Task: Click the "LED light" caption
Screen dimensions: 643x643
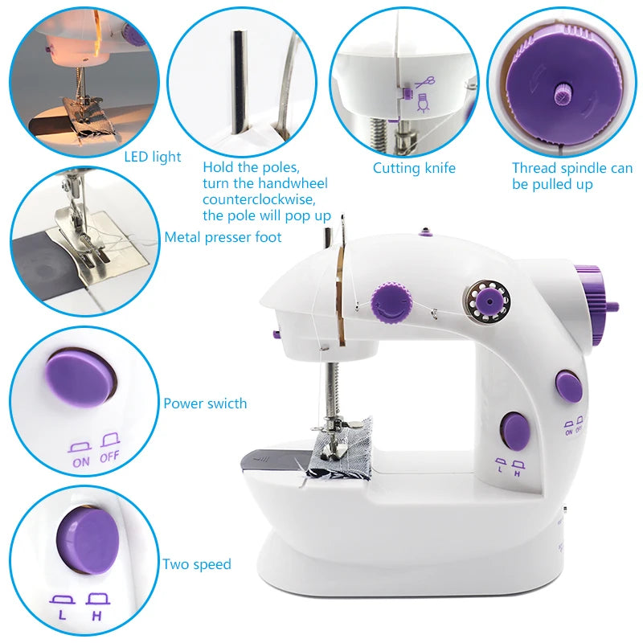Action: pyautogui.click(x=153, y=157)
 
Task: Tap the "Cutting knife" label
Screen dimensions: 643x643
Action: pyautogui.click(x=414, y=168)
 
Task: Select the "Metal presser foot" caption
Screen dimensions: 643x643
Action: pyautogui.click(x=223, y=237)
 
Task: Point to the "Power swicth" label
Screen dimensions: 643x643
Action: pyautogui.click(x=205, y=403)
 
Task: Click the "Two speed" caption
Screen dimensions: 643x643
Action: pyautogui.click(x=197, y=564)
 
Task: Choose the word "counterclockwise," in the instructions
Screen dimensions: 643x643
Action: pyautogui.click(x=259, y=199)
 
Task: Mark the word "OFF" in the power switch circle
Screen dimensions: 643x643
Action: pyautogui.click(x=109, y=461)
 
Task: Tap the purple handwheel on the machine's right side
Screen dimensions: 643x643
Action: pyautogui.click(x=596, y=301)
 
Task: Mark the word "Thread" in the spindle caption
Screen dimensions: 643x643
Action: pyautogui.click(x=533, y=168)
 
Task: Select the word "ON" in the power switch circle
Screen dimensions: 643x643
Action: pyautogui.click(x=81, y=461)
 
